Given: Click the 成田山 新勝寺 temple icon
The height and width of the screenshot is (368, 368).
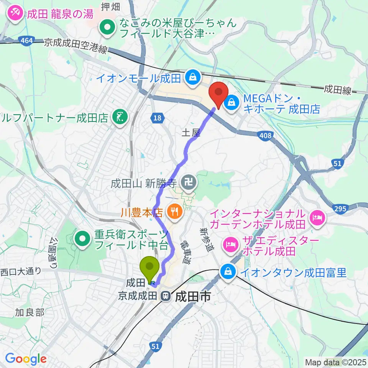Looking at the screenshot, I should [189, 179].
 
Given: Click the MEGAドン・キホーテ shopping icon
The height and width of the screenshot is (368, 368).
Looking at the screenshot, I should [232, 103].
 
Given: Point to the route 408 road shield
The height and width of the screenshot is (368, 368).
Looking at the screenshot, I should [261, 134].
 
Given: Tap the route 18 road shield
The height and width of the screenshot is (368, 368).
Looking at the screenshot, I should [157, 118].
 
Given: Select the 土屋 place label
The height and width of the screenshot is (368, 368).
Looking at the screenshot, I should [191, 133].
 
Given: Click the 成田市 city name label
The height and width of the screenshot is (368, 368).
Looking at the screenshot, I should [193, 296].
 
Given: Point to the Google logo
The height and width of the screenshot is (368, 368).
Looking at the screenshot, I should [26, 359].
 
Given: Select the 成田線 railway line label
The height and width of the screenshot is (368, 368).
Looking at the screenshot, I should [337, 90].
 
